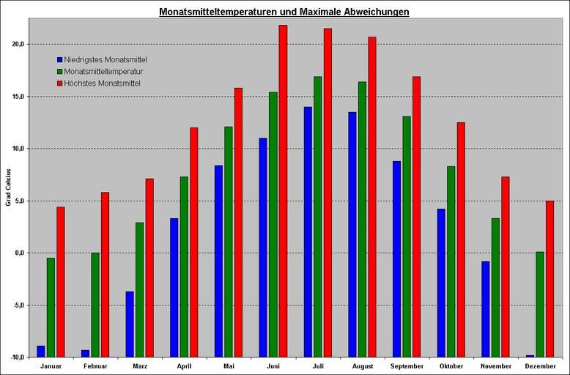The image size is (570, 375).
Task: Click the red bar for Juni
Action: (283, 190)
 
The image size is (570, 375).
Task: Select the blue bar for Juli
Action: (308, 231)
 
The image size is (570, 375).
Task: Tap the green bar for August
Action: (362, 219)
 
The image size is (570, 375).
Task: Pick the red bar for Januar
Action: (61, 281)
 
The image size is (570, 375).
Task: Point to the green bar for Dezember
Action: (540, 304)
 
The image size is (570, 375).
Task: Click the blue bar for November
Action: (486, 308)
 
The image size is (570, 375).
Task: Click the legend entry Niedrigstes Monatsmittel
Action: (106, 59)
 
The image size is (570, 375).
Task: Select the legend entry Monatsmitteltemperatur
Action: (103, 72)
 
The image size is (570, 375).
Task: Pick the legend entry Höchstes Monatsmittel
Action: (102, 83)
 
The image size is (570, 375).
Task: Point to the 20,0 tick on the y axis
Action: (18, 44)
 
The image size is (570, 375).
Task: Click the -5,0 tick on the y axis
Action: (18, 305)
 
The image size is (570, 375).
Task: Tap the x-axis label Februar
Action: (95, 366)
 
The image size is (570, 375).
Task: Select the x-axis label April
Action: (185, 366)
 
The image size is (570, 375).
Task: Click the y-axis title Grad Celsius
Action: (8, 187)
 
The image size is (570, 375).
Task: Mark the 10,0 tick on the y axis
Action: (18, 149)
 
